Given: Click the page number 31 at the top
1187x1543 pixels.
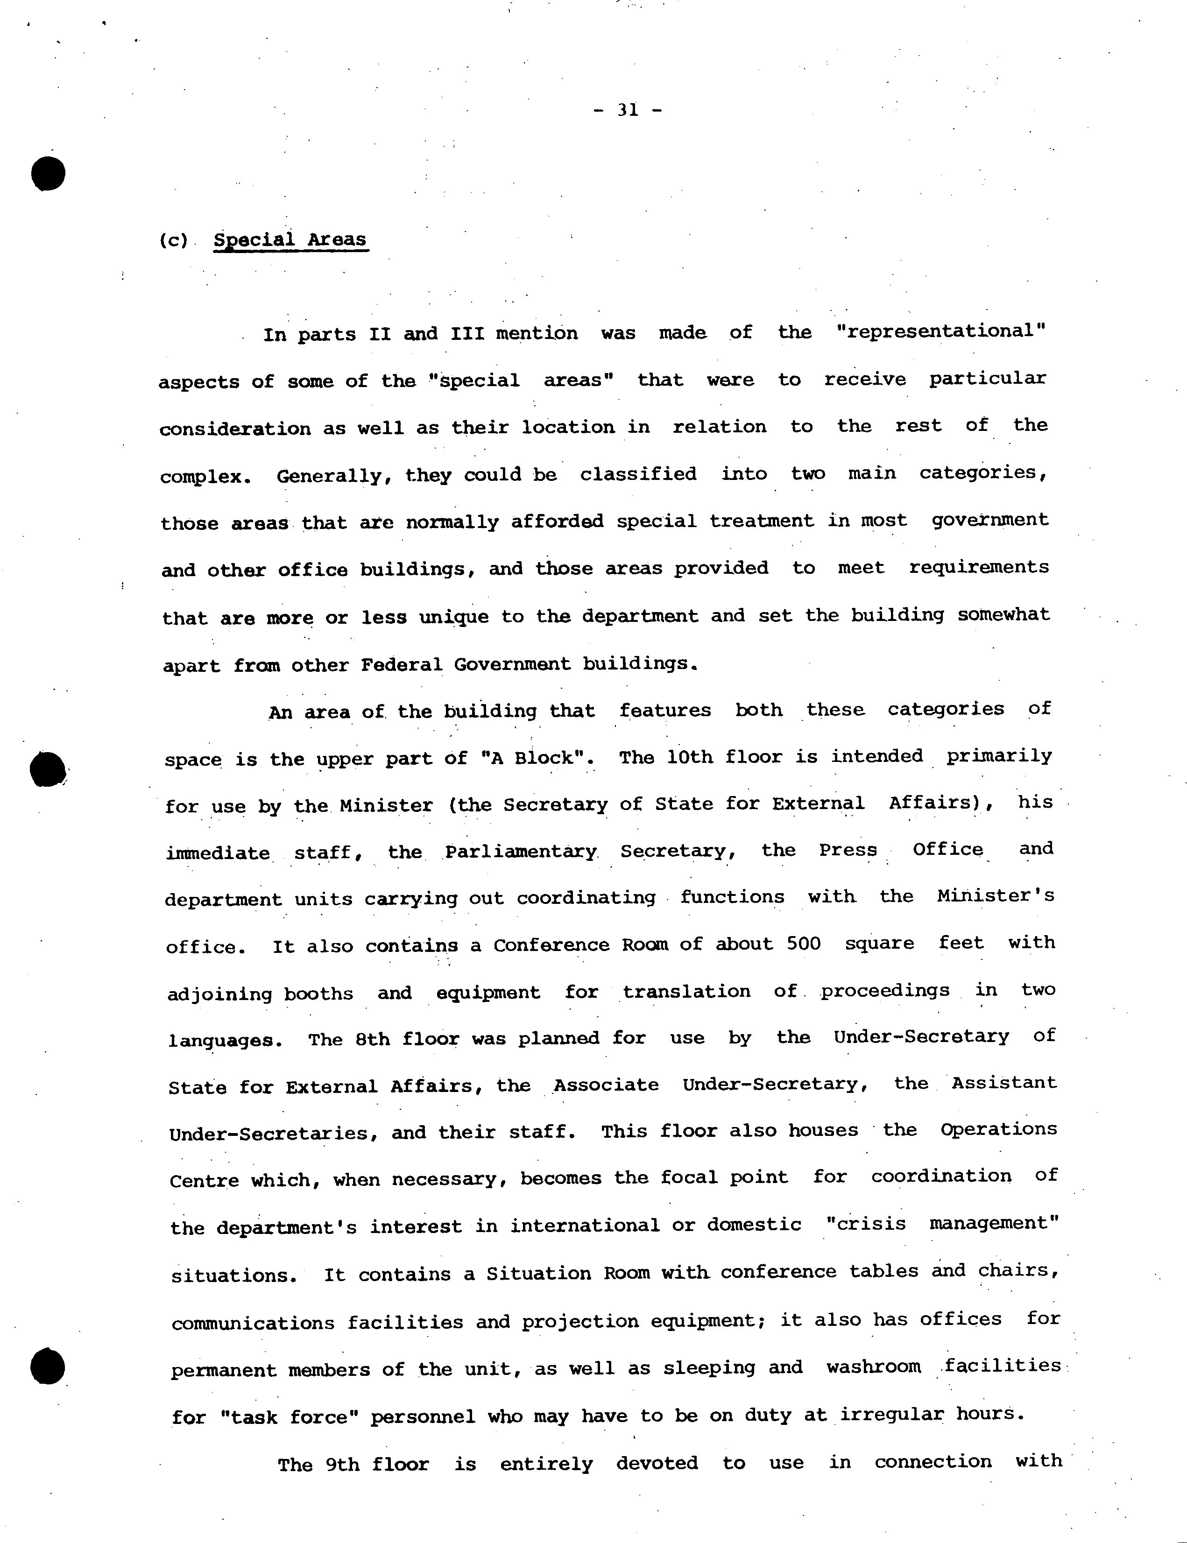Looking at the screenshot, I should (x=628, y=110).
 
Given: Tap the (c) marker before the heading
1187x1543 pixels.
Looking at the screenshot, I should (x=174, y=240).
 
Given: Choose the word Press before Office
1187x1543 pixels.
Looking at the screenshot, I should (x=848, y=849).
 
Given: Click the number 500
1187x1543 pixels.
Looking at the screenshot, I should (x=804, y=944).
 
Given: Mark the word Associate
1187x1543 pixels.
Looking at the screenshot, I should (x=606, y=1085).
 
